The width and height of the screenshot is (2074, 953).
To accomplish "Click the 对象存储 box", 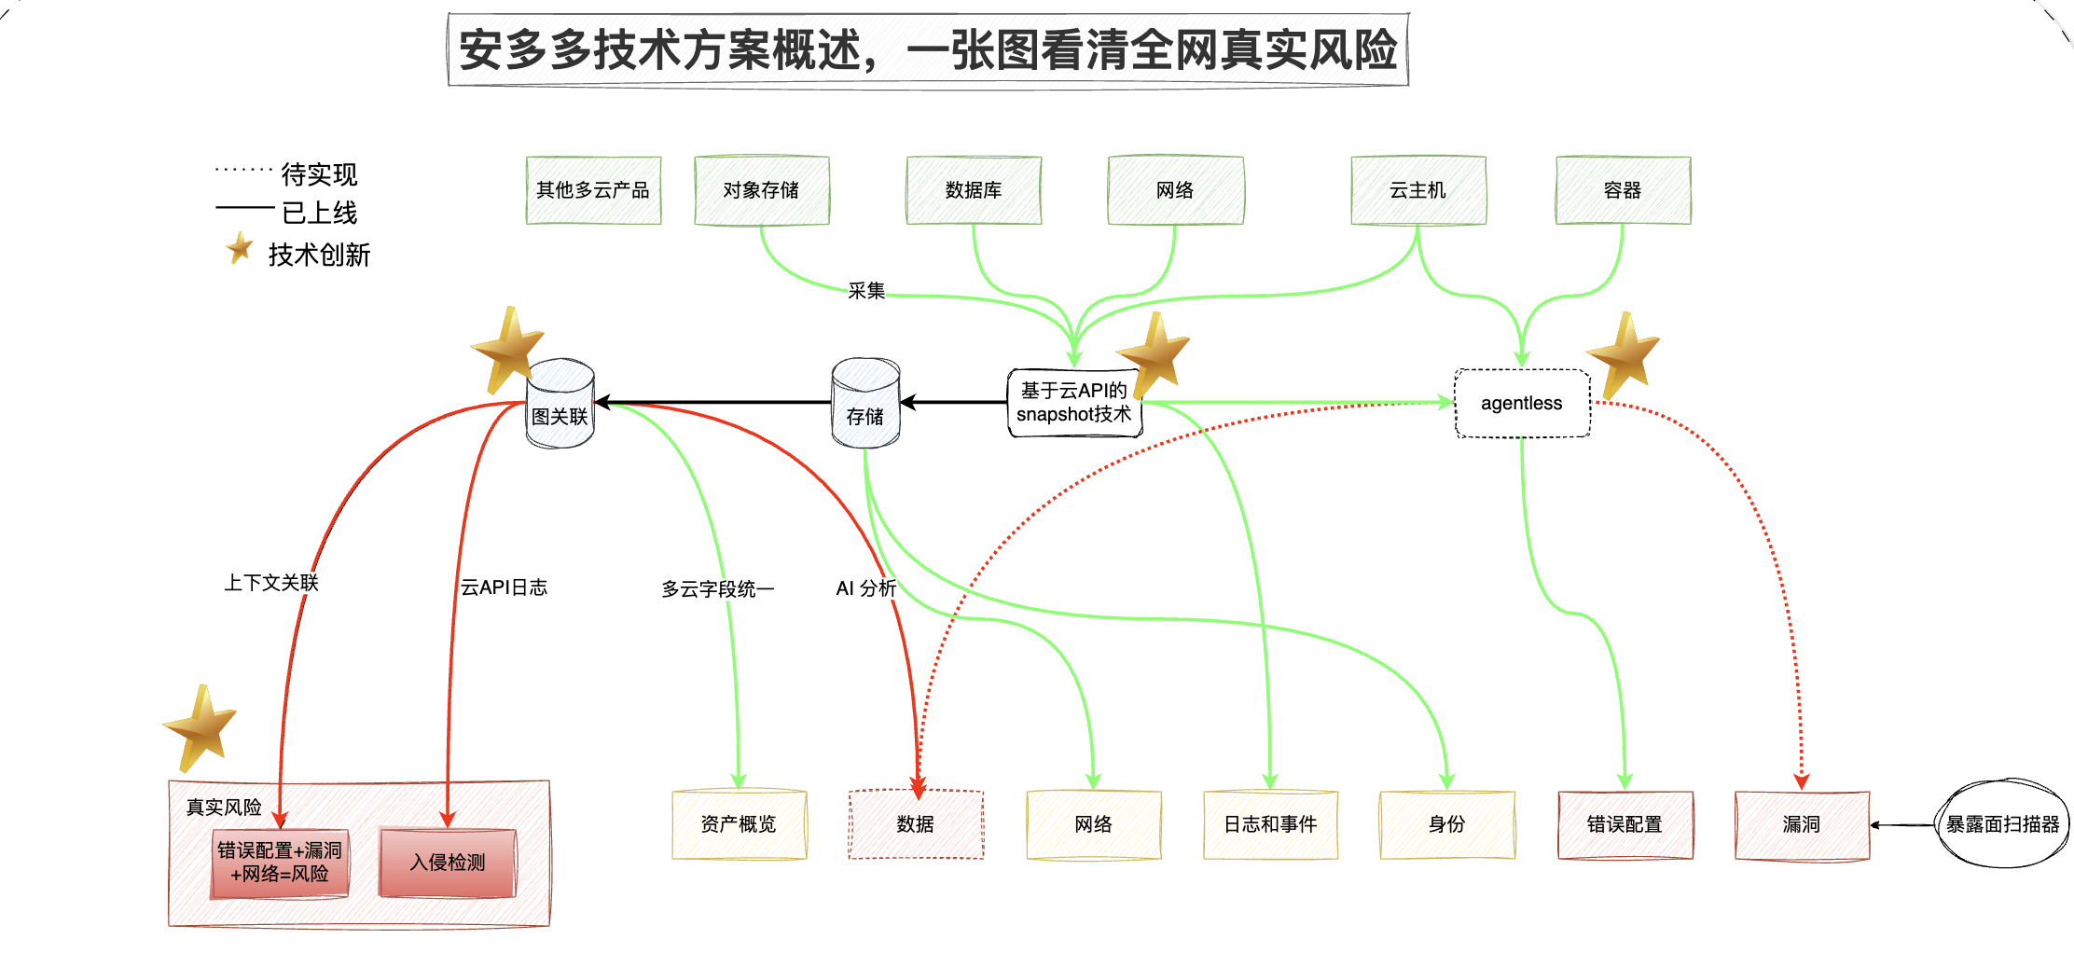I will click(x=761, y=190).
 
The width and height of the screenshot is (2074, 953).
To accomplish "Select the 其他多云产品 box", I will click(x=593, y=190).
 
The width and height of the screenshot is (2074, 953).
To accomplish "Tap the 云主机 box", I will click(x=1417, y=190).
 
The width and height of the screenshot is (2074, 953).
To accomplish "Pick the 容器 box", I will click(x=1623, y=190).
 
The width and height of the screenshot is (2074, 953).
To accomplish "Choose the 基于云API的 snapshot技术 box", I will click(x=1074, y=403).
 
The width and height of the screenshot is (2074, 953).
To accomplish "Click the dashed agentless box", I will click(x=1522, y=403).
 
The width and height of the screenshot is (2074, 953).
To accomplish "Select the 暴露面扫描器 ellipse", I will click(x=2001, y=824).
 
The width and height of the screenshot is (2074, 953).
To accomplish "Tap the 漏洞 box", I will click(x=1802, y=824).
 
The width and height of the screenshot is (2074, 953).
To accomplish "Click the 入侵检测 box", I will click(x=448, y=863).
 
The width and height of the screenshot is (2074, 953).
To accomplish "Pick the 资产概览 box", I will click(x=739, y=824).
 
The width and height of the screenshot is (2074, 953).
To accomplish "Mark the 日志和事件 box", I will click(x=1270, y=824).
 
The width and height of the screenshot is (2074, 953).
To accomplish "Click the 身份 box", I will click(x=1446, y=824).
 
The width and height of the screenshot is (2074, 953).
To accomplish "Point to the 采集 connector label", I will click(x=866, y=291).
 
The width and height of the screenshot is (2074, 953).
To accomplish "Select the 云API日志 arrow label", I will click(x=504, y=587).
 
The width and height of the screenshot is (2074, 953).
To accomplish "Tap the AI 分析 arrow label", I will click(x=865, y=588).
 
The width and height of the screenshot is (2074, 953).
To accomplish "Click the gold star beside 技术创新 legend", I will click(x=240, y=248).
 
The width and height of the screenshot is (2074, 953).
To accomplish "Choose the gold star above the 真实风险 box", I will click(x=201, y=727).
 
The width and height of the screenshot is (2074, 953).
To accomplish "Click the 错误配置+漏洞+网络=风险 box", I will click(x=280, y=863).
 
